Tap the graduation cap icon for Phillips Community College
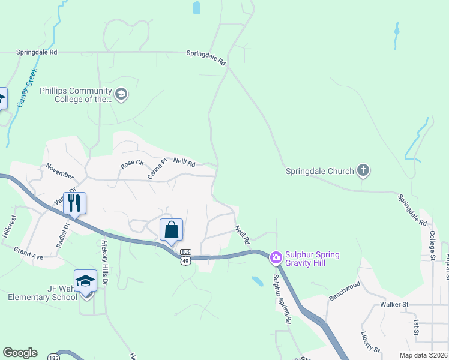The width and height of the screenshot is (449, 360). (121, 94)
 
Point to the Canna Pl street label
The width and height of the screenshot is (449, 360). (157, 169)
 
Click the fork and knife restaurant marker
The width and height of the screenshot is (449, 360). (74, 203)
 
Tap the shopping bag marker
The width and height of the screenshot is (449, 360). (171, 230)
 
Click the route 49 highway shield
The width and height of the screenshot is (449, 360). (185, 260)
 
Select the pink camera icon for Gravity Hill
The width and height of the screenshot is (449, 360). (276, 259)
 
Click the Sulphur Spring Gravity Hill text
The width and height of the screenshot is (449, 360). (312, 259)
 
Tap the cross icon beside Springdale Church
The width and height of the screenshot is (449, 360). (363, 171)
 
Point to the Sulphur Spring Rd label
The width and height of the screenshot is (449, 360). (281, 299)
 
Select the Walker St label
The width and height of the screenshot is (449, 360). (394, 305)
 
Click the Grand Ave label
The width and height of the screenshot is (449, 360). (29, 253)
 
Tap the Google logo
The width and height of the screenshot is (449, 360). (20, 353)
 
